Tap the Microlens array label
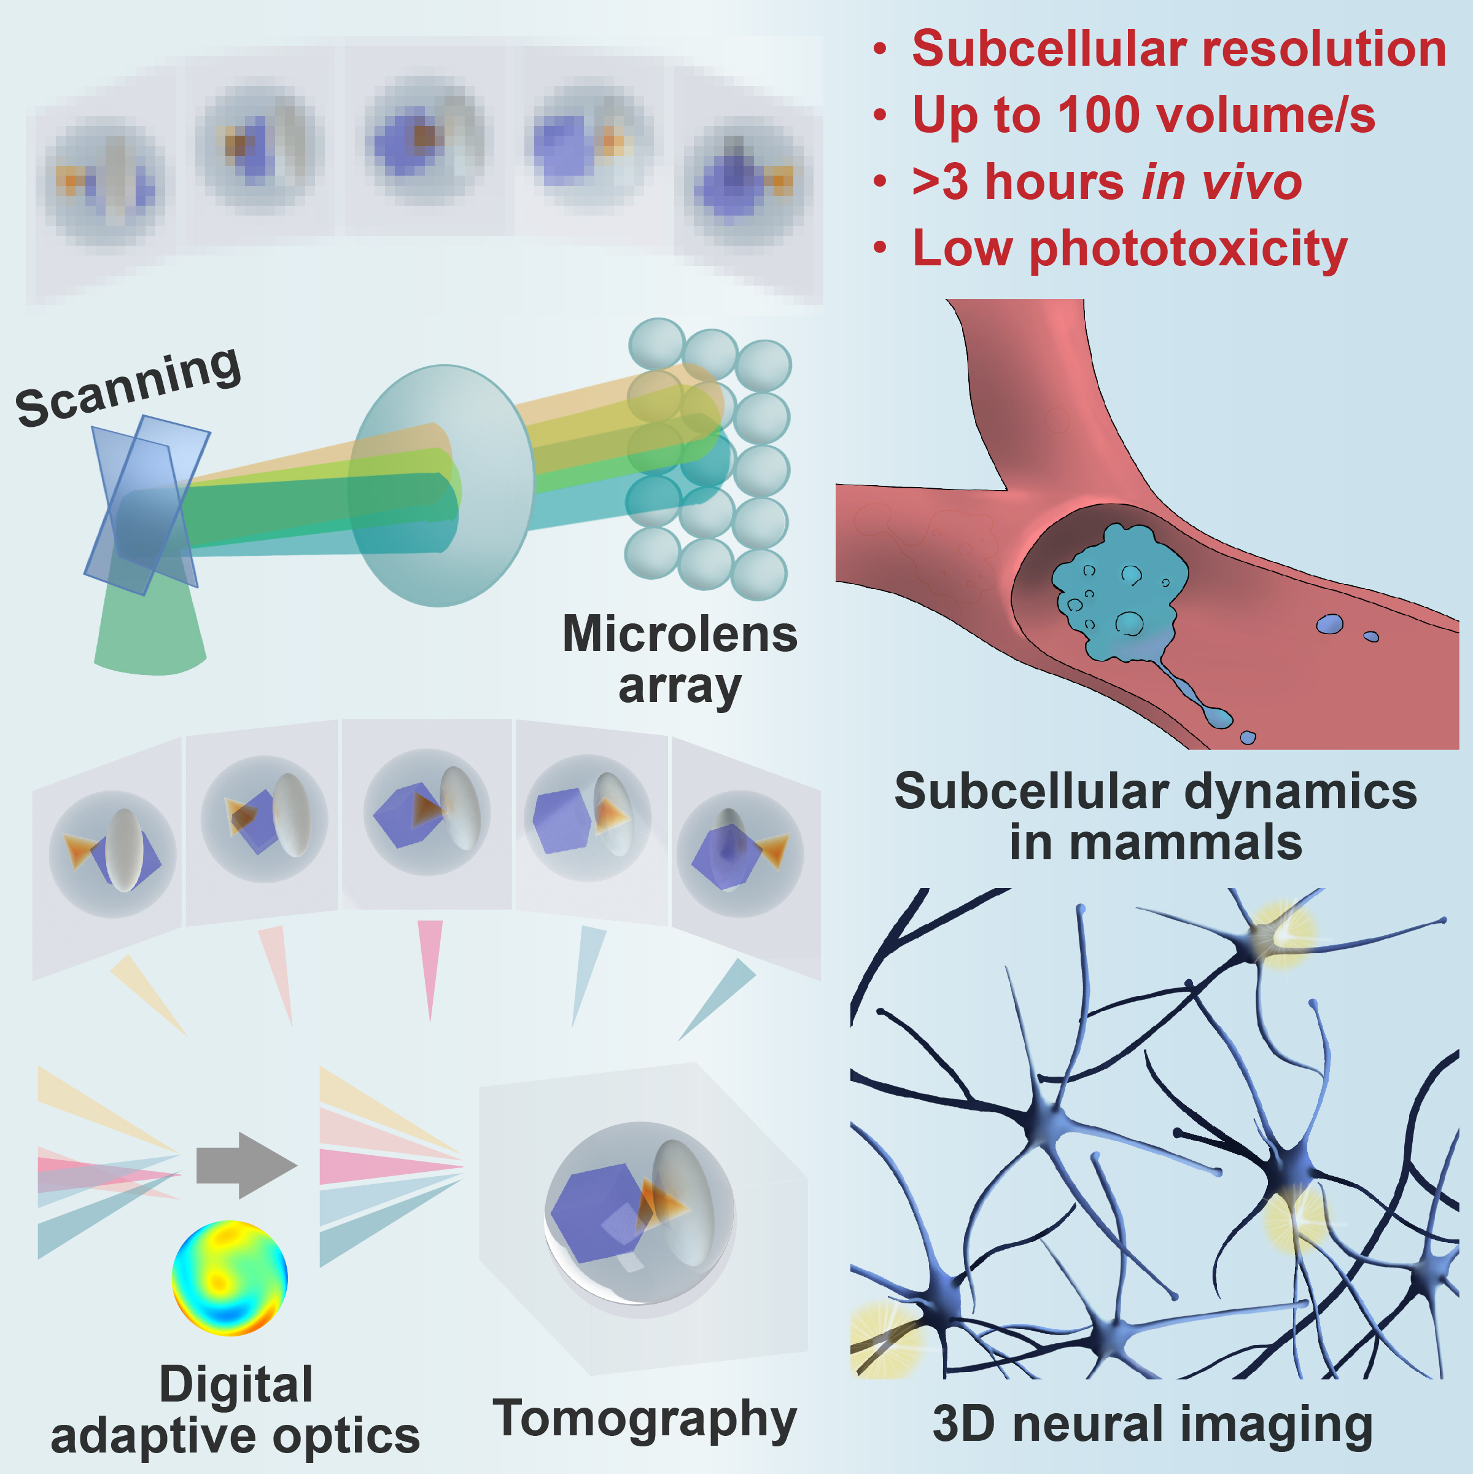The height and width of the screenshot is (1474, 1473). click(679, 660)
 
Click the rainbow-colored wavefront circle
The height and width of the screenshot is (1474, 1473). click(230, 1279)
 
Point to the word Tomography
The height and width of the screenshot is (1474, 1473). click(645, 1419)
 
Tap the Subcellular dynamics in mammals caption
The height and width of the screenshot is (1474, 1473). click(1155, 816)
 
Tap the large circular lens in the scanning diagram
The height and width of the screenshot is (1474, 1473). click(441, 486)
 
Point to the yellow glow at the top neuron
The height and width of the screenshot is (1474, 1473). click(1281, 934)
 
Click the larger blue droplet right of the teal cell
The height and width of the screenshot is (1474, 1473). click(1329, 624)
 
